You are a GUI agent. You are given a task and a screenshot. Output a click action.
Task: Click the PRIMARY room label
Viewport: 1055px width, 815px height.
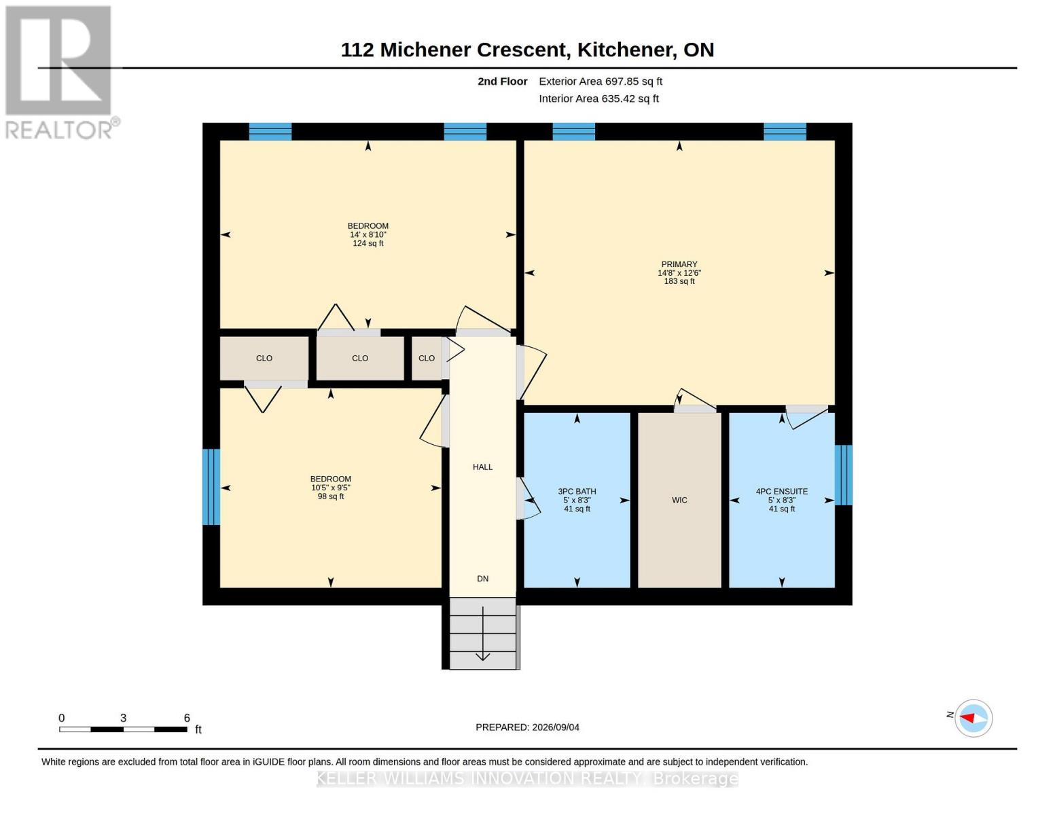pos(679,264)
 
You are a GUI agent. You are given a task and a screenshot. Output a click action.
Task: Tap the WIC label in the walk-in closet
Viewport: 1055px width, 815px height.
pos(679,500)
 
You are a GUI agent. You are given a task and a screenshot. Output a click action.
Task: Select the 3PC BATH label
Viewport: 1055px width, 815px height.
pos(577,491)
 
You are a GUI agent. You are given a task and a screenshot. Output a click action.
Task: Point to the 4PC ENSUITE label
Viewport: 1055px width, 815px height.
pos(782,491)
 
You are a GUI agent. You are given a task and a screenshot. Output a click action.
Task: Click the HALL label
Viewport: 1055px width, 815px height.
pos(482,467)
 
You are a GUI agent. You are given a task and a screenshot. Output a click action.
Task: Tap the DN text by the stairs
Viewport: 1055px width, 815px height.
pos(482,579)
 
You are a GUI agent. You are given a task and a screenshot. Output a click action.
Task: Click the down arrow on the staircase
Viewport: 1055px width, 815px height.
pos(482,634)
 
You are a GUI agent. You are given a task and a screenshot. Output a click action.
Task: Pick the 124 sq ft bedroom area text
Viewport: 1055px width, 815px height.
pos(368,243)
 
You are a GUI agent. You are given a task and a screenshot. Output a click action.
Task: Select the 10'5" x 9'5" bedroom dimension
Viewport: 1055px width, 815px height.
pos(331,488)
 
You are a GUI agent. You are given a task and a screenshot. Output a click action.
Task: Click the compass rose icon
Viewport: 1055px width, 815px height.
pos(973,719)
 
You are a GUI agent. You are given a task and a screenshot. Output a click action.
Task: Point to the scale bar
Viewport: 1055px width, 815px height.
pos(124,729)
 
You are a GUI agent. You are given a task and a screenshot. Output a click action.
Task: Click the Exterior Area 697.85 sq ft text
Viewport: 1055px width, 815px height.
pos(601,81)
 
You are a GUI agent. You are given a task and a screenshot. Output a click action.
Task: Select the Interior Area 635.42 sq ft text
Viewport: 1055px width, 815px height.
pos(598,98)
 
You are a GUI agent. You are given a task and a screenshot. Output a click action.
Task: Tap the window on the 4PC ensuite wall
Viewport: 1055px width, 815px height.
pos(843,475)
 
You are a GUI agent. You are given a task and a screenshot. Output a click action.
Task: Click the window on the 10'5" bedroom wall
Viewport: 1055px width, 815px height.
pos(211,487)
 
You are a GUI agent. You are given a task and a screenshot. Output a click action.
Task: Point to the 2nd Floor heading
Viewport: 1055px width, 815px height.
pos(503,81)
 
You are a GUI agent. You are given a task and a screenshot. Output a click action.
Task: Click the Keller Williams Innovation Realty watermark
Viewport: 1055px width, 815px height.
pos(527,778)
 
